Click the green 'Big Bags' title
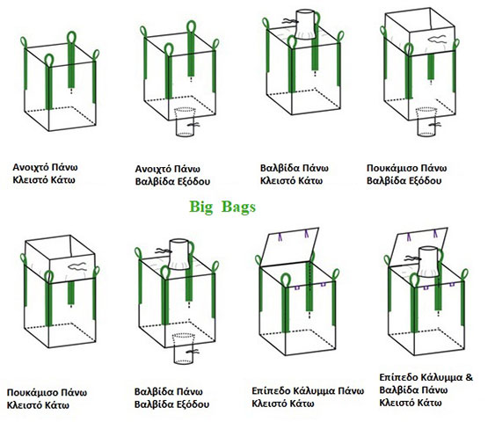(x=222, y=207)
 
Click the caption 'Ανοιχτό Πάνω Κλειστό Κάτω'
(x=45, y=173)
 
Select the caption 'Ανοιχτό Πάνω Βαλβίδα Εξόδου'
(x=172, y=175)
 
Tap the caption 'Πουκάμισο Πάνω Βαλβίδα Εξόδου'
(x=406, y=174)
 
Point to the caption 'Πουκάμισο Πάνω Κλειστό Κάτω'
(x=47, y=399)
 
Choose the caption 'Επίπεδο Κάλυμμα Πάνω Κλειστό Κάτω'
(x=308, y=397)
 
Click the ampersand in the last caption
(x=470, y=377)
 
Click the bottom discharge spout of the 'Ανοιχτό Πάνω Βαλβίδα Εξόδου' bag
(x=186, y=122)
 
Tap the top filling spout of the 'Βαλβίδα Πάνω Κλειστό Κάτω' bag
(x=305, y=25)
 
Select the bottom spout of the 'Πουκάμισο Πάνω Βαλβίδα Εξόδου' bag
(x=426, y=122)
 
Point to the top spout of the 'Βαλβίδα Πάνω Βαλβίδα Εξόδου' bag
(x=179, y=254)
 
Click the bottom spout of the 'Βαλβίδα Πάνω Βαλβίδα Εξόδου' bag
(x=184, y=348)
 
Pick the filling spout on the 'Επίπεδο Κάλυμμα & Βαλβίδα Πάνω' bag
(x=428, y=262)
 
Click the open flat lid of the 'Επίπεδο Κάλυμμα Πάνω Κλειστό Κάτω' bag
(x=289, y=247)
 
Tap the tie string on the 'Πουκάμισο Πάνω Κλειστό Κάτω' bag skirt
(x=77, y=267)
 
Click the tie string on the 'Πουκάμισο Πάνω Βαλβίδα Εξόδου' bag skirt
(x=438, y=40)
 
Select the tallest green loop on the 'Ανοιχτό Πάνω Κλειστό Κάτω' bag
(x=72, y=59)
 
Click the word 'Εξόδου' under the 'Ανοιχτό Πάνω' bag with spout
(x=193, y=181)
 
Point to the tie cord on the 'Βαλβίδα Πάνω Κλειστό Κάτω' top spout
(x=289, y=21)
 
